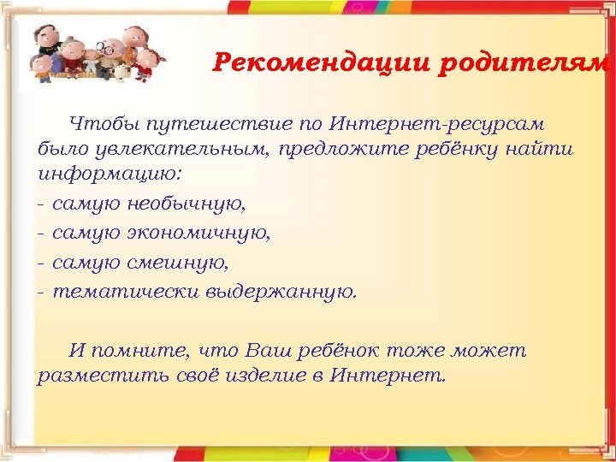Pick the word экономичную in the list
pos(198,233)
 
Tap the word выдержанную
pos(281,291)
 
